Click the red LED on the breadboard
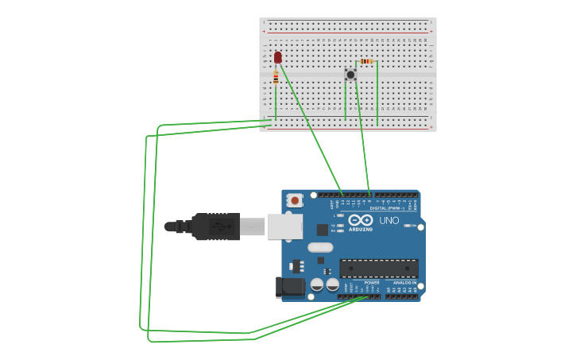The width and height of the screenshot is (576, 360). pyautogui.click(x=277, y=57)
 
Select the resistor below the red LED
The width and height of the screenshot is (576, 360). pyautogui.click(x=276, y=77)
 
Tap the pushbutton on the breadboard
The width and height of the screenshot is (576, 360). pyautogui.click(x=350, y=75)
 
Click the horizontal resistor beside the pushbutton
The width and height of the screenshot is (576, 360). pyautogui.click(x=365, y=61)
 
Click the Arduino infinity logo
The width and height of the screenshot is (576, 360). pyautogui.click(x=360, y=220)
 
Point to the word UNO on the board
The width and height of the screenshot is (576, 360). pyautogui.click(x=389, y=220)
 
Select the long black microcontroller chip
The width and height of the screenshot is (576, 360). pyautogui.click(x=378, y=269)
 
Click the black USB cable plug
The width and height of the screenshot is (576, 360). pyautogui.click(x=215, y=226)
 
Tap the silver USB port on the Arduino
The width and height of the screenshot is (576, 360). pyautogui.click(x=284, y=226)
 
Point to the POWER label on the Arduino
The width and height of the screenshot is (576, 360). pyautogui.click(x=371, y=282)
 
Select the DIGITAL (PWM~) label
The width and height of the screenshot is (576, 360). pyautogui.click(x=389, y=208)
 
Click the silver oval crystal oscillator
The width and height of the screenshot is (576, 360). pyautogui.click(x=320, y=247)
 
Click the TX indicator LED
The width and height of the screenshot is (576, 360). pyautogui.click(x=340, y=225)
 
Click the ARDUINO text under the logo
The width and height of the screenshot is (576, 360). pyautogui.click(x=360, y=230)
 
